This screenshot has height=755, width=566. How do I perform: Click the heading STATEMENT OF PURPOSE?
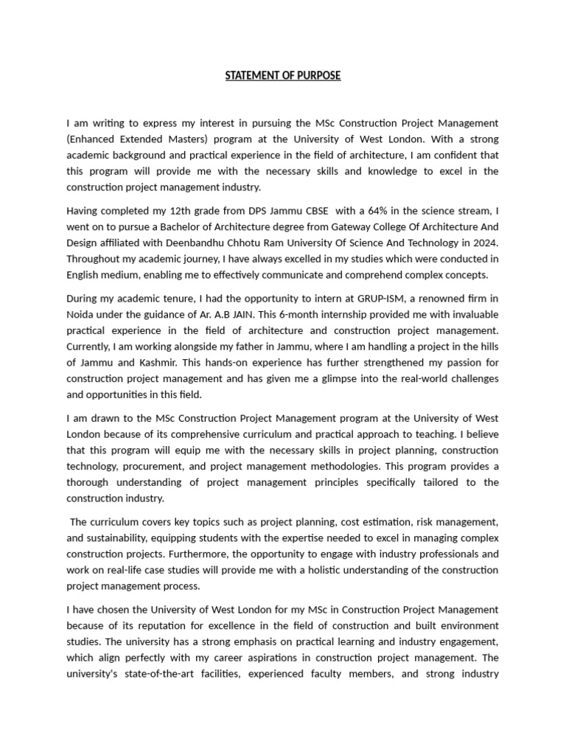point(283,76)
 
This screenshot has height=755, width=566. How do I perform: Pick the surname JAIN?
point(241,314)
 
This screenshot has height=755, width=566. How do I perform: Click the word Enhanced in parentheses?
point(91,139)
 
